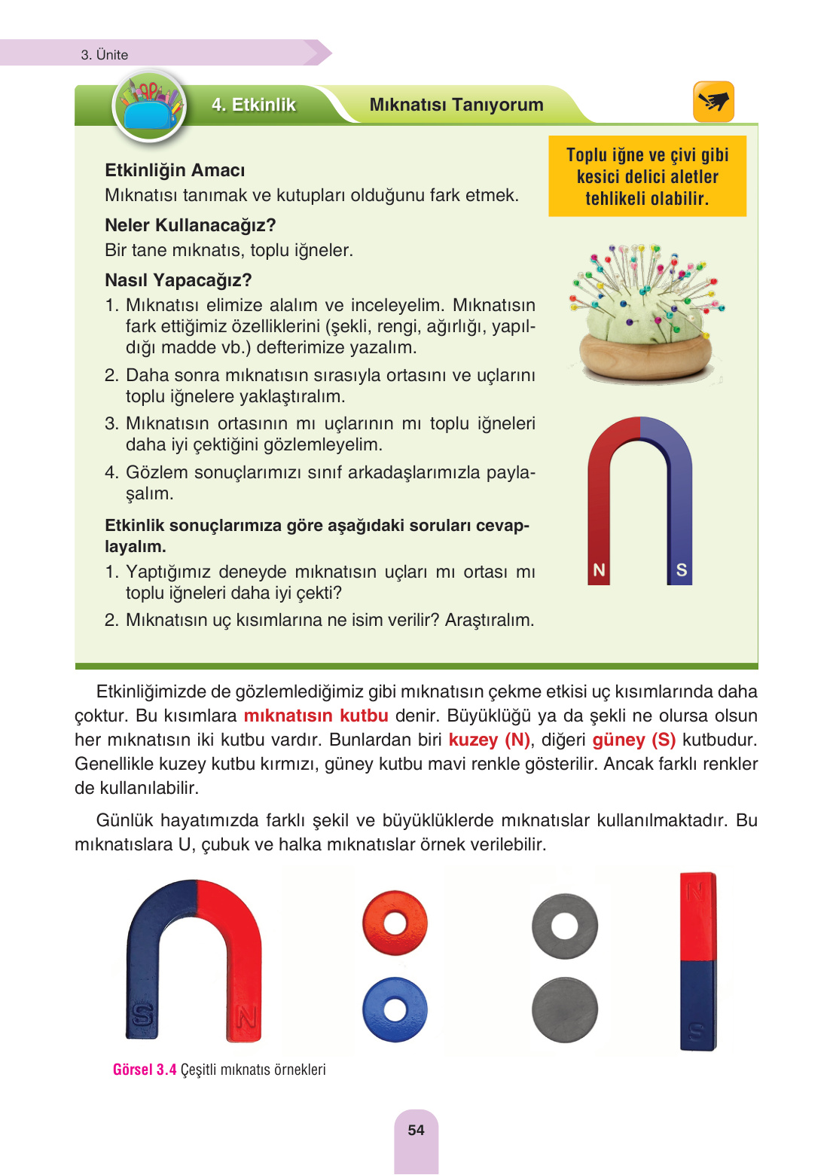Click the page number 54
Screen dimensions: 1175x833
[x=416, y=1130]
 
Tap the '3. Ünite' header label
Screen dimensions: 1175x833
[x=105, y=55]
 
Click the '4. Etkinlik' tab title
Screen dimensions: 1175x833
[x=254, y=105]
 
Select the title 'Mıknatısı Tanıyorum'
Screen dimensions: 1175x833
[x=456, y=105]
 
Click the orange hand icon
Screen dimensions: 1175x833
[x=712, y=101]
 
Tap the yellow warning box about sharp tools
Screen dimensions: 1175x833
[x=647, y=176]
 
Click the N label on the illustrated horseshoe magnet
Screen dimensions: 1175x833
[x=600, y=570]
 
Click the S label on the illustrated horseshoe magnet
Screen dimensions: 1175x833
[x=681, y=570]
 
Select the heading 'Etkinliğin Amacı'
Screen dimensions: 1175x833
[x=175, y=170]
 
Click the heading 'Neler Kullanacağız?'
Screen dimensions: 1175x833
[x=191, y=225]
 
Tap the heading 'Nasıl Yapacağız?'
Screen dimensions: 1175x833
[x=178, y=280]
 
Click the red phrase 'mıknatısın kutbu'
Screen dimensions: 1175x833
[x=316, y=716]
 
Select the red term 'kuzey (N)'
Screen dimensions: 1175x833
[x=490, y=740]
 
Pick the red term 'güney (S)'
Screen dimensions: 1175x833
[x=633, y=740]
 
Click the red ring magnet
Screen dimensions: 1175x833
[x=395, y=923]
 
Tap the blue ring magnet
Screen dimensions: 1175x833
[x=395, y=1009]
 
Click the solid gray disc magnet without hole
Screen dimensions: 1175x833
[x=564, y=1010]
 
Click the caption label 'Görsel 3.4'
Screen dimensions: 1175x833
[x=145, y=1070]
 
